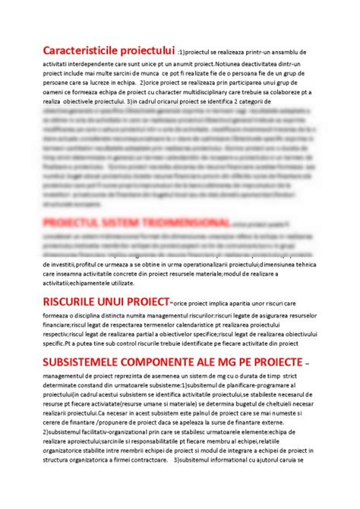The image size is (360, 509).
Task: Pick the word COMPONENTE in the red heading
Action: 173,358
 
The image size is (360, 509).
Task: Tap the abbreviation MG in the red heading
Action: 238,358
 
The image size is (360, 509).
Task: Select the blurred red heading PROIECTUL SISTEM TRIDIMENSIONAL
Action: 137,222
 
